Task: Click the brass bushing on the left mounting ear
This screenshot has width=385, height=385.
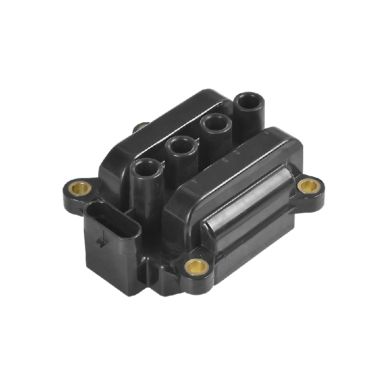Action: click(x=82, y=188)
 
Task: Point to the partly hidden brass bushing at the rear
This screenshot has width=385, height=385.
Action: click(x=141, y=127)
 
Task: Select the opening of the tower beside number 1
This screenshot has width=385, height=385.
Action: click(x=249, y=102)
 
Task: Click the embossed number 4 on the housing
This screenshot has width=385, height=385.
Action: click(x=193, y=183)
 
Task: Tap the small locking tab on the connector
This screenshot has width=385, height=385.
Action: click(x=100, y=240)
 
